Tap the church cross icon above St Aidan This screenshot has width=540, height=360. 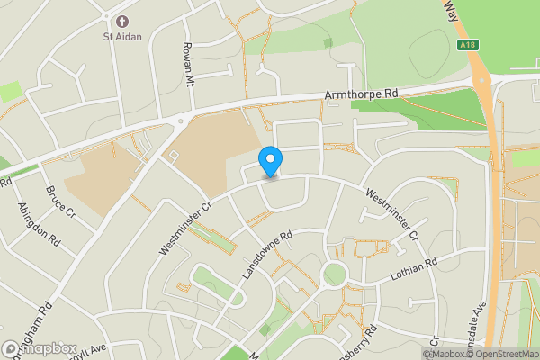click(x=121, y=22)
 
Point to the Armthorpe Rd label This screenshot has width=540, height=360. click(x=360, y=94)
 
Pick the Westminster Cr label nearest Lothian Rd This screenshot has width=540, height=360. click(x=392, y=215)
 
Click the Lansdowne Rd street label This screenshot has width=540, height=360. click(x=268, y=256)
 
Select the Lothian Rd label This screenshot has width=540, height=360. click(x=413, y=268)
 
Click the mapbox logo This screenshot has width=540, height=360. click(x=40, y=348)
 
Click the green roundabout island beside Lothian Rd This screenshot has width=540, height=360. click(x=334, y=274)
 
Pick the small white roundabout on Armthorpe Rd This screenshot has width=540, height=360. click(x=181, y=121)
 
